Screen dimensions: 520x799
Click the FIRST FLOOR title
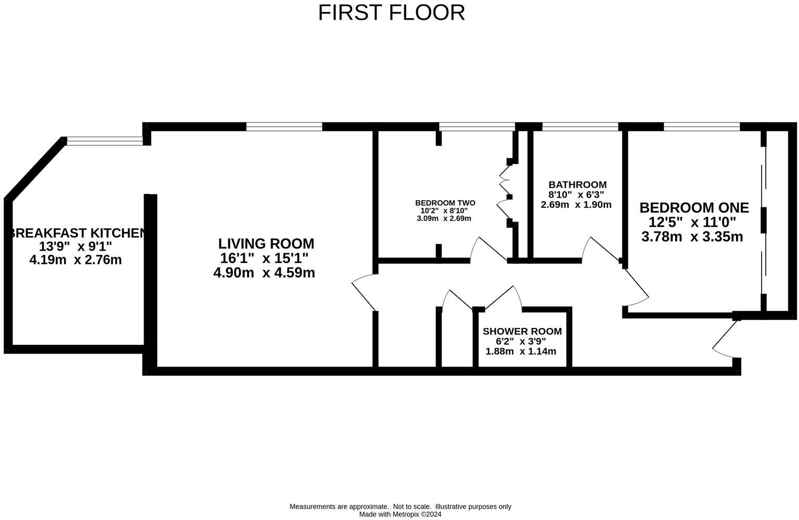391,12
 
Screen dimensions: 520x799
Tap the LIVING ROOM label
266,243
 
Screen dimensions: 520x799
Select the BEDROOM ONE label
694,207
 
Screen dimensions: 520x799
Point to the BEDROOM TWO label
445,203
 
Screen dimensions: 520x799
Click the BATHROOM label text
577,185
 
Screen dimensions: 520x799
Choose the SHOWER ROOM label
522,331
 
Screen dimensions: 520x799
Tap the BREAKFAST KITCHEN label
76,233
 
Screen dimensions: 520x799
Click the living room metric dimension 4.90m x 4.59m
264,272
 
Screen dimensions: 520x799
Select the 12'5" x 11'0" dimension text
692,222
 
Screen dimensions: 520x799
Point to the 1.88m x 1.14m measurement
521,352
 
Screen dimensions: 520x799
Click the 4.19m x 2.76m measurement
75,259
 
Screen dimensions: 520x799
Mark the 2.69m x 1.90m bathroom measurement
576,204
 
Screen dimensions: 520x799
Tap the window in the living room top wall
284,126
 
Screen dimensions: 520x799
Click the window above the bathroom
580,126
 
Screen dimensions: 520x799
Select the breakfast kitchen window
105,139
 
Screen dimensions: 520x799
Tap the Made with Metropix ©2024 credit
400,514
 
